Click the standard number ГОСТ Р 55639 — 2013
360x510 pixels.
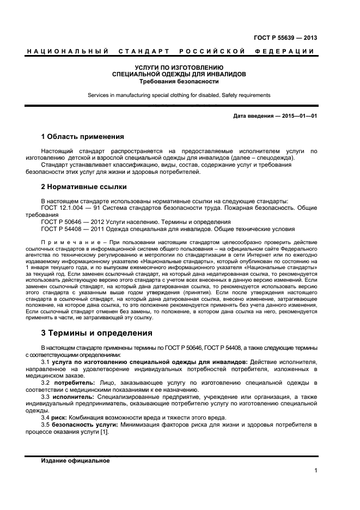coord(285,38)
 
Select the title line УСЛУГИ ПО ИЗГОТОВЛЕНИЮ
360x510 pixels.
coord(179,67)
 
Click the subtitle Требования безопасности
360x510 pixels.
coord(179,81)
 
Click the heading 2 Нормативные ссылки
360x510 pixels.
coord(84,187)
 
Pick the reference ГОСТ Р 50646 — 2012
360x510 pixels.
coord(75,222)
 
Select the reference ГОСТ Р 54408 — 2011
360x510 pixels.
coord(75,229)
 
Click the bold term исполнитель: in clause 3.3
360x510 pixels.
coord(77,398)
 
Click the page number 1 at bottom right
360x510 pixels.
coord(316,471)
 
